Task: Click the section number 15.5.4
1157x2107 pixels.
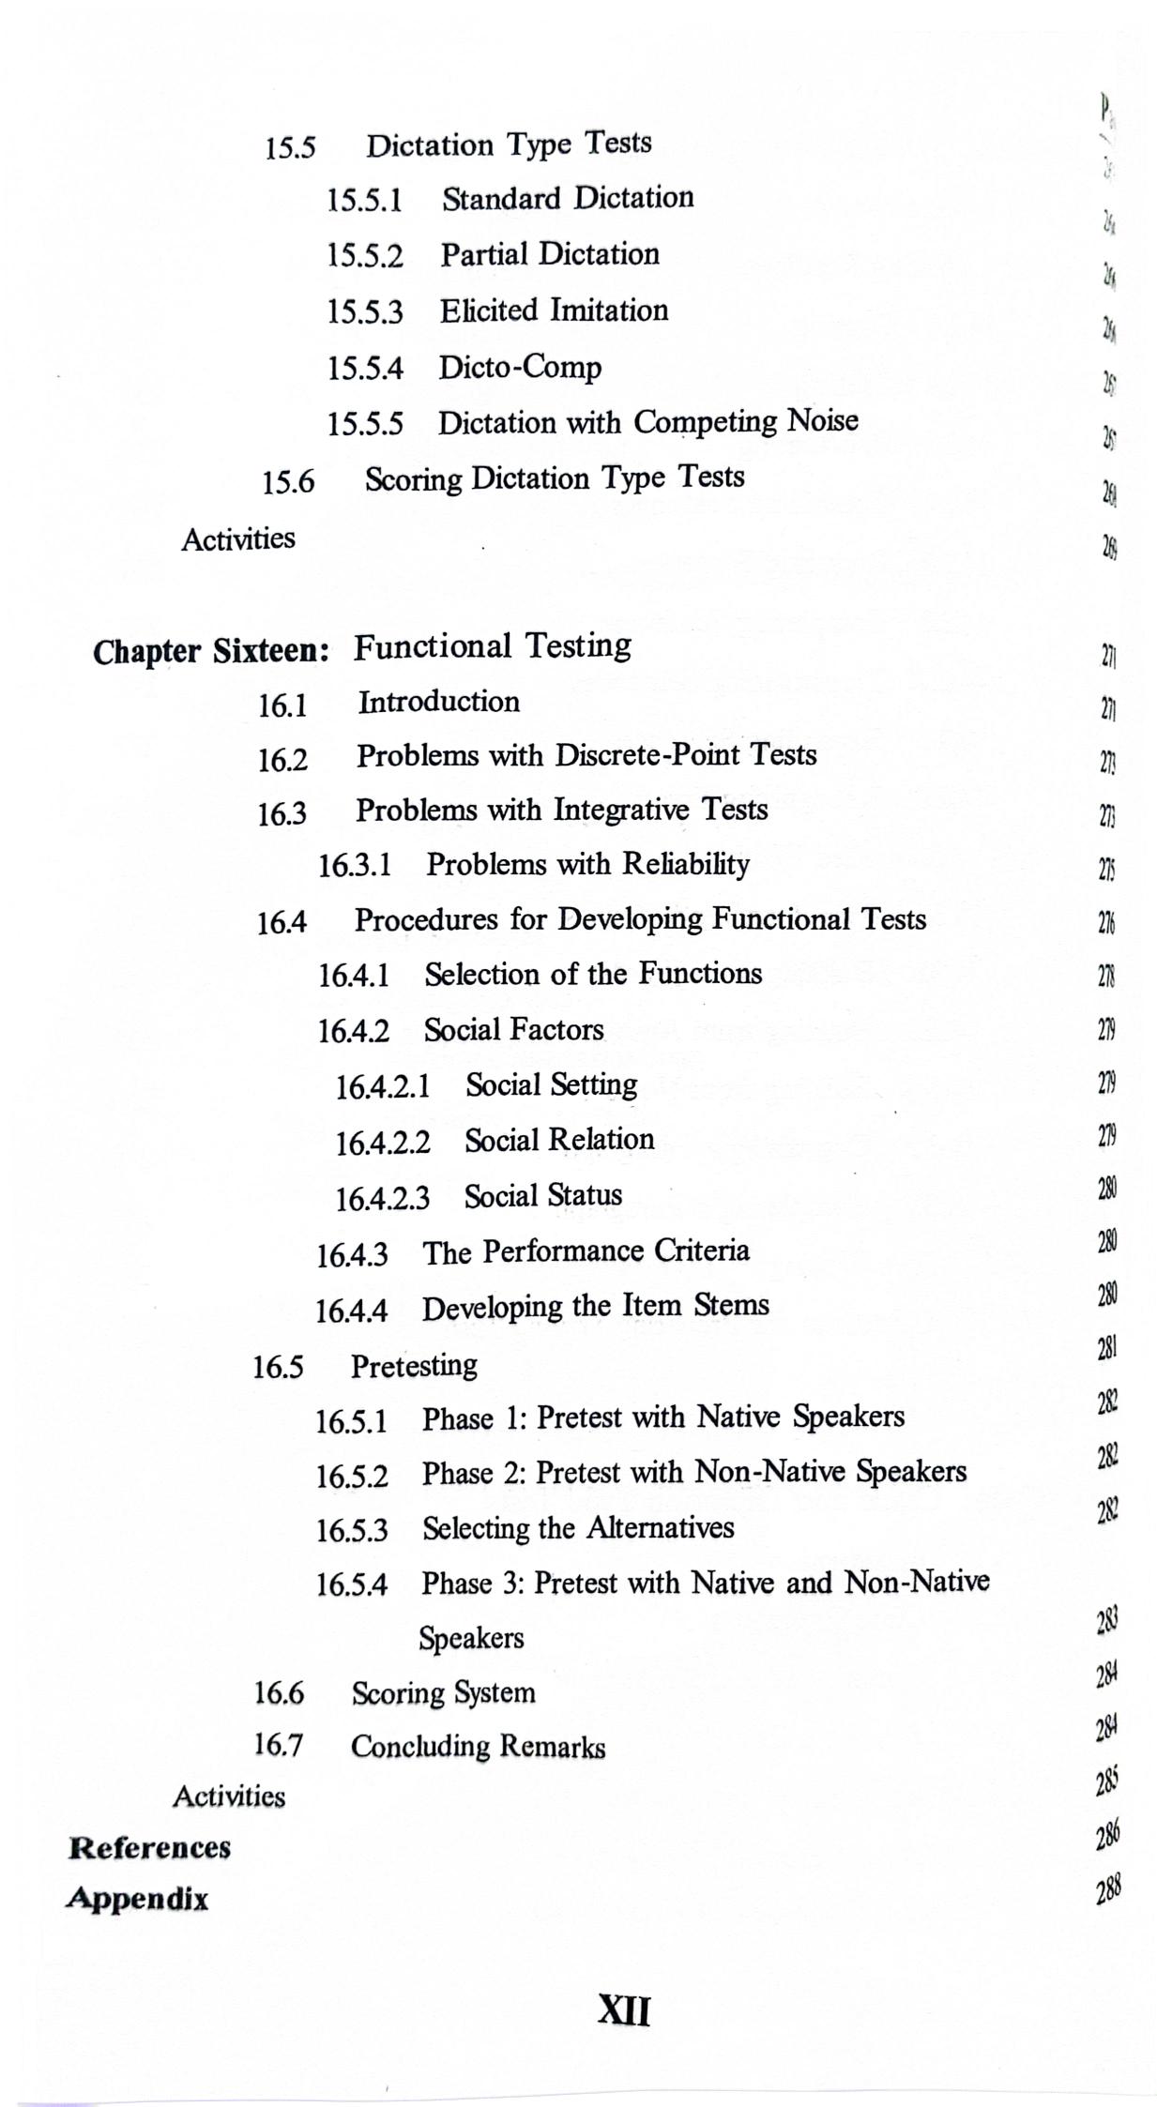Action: click(x=364, y=369)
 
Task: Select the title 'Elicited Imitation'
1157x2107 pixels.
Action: click(x=554, y=311)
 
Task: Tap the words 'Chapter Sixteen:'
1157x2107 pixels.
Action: click(x=211, y=651)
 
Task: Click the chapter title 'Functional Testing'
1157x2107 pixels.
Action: click(x=492, y=645)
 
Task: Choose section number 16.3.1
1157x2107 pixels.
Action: click(x=355, y=865)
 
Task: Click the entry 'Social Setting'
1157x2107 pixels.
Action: click(x=551, y=1085)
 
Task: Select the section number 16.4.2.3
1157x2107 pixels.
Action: click(x=383, y=1198)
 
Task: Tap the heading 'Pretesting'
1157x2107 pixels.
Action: click(x=414, y=1366)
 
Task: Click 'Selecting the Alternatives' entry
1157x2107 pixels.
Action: click(x=577, y=1528)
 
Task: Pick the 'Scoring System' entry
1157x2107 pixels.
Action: click(x=443, y=1693)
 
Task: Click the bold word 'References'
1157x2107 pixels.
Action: click(x=150, y=1848)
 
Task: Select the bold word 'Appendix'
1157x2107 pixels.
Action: click(x=138, y=1900)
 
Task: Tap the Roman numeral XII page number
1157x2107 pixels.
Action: click(x=624, y=2010)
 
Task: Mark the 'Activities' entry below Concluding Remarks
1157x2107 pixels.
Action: click(x=229, y=1796)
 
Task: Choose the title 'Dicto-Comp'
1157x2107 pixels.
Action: click(x=520, y=367)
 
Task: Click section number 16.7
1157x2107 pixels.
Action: click(x=279, y=1746)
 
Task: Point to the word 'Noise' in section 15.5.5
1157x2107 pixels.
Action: click(x=822, y=420)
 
